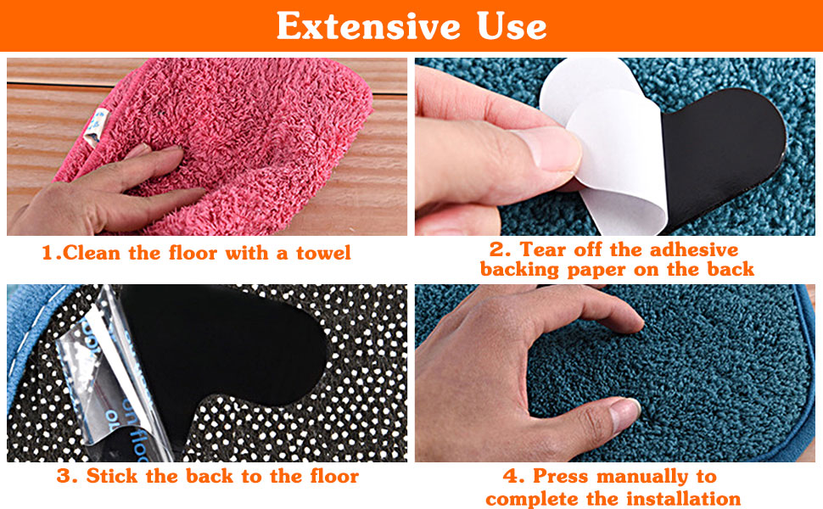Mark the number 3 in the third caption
pos(63,476)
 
